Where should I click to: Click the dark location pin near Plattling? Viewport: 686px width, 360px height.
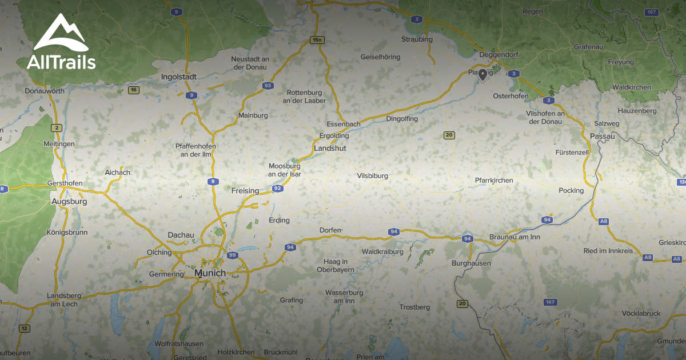[483, 74]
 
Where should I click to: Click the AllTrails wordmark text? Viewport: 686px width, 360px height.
[61, 62]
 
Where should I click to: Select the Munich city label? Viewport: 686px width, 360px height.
[210, 273]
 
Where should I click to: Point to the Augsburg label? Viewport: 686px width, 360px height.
[69, 202]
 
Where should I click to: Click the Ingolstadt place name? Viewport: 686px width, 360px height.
[179, 77]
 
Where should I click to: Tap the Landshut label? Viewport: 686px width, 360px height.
[330, 148]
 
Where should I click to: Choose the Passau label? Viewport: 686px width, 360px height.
[602, 136]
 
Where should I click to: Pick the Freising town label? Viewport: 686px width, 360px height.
[245, 191]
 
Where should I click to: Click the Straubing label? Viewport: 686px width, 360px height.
[417, 39]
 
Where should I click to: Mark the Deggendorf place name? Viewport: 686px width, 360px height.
[497, 54]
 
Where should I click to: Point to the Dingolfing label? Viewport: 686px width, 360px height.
[402, 119]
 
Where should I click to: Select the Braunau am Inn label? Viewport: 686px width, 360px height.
[515, 237]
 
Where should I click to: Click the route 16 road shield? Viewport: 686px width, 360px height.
[134, 90]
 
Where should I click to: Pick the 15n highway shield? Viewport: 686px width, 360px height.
[317, 39]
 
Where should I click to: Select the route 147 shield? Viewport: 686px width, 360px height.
[551, 302]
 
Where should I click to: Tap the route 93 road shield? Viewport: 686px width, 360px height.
[268, 86]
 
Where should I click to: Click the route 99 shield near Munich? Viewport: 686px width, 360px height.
[232, 255]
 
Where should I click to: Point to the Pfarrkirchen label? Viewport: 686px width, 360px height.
[494, 181]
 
